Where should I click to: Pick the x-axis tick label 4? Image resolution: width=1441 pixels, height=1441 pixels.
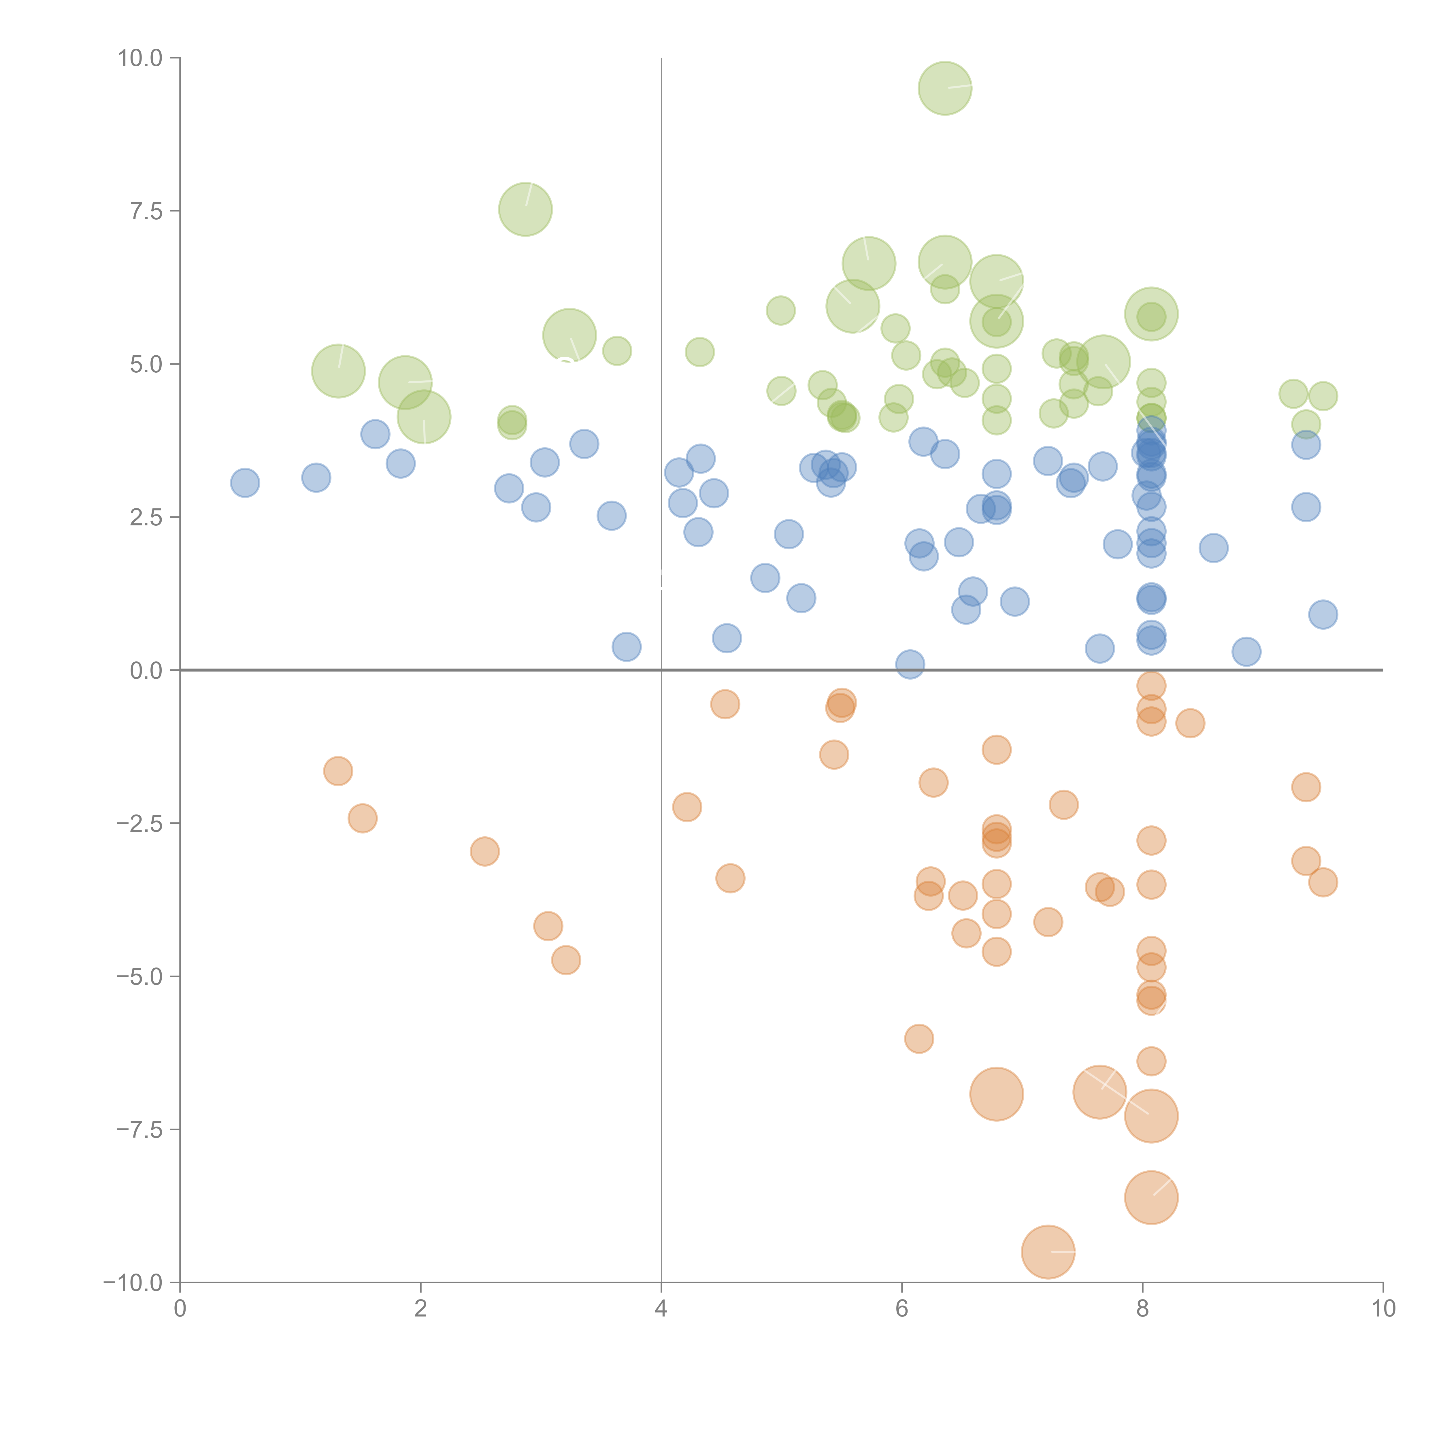[661, 1309]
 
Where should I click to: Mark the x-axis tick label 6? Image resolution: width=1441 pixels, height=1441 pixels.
[902, 1309]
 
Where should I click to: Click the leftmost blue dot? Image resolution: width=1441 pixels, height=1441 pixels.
[245, 483]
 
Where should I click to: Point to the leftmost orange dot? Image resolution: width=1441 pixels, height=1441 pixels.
[338, 771]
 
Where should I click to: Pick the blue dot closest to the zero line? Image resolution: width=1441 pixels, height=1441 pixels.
[910, 664]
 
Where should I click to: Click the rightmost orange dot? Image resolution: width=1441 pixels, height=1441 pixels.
[1323, 882]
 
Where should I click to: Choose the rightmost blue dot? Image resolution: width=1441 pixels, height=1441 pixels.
[1323, 615]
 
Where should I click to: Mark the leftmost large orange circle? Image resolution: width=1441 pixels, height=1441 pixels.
[997, 1094]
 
